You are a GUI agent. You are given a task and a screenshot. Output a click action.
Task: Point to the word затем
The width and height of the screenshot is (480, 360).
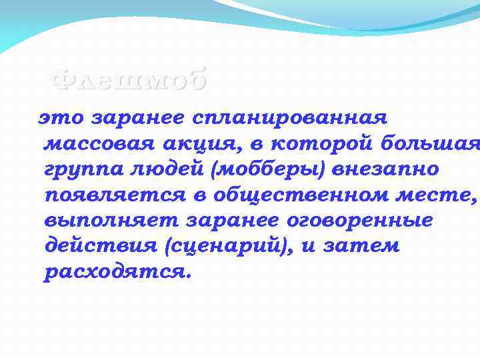point(361,246)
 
